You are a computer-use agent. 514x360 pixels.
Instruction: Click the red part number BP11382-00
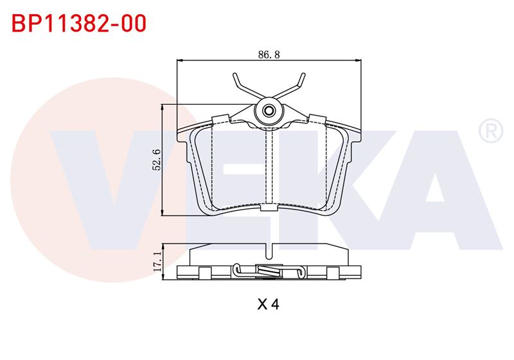79,24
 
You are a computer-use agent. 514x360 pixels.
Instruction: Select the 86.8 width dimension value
269,55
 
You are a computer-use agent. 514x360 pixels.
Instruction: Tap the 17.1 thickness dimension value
157,261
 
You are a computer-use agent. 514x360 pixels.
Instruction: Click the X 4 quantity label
268,305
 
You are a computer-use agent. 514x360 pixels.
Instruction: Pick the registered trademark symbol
491,130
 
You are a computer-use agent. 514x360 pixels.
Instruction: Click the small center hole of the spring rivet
269,111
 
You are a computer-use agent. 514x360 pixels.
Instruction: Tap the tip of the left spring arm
235,75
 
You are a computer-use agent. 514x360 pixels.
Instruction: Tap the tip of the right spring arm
303,75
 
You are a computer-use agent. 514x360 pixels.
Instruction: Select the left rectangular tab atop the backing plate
220,119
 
